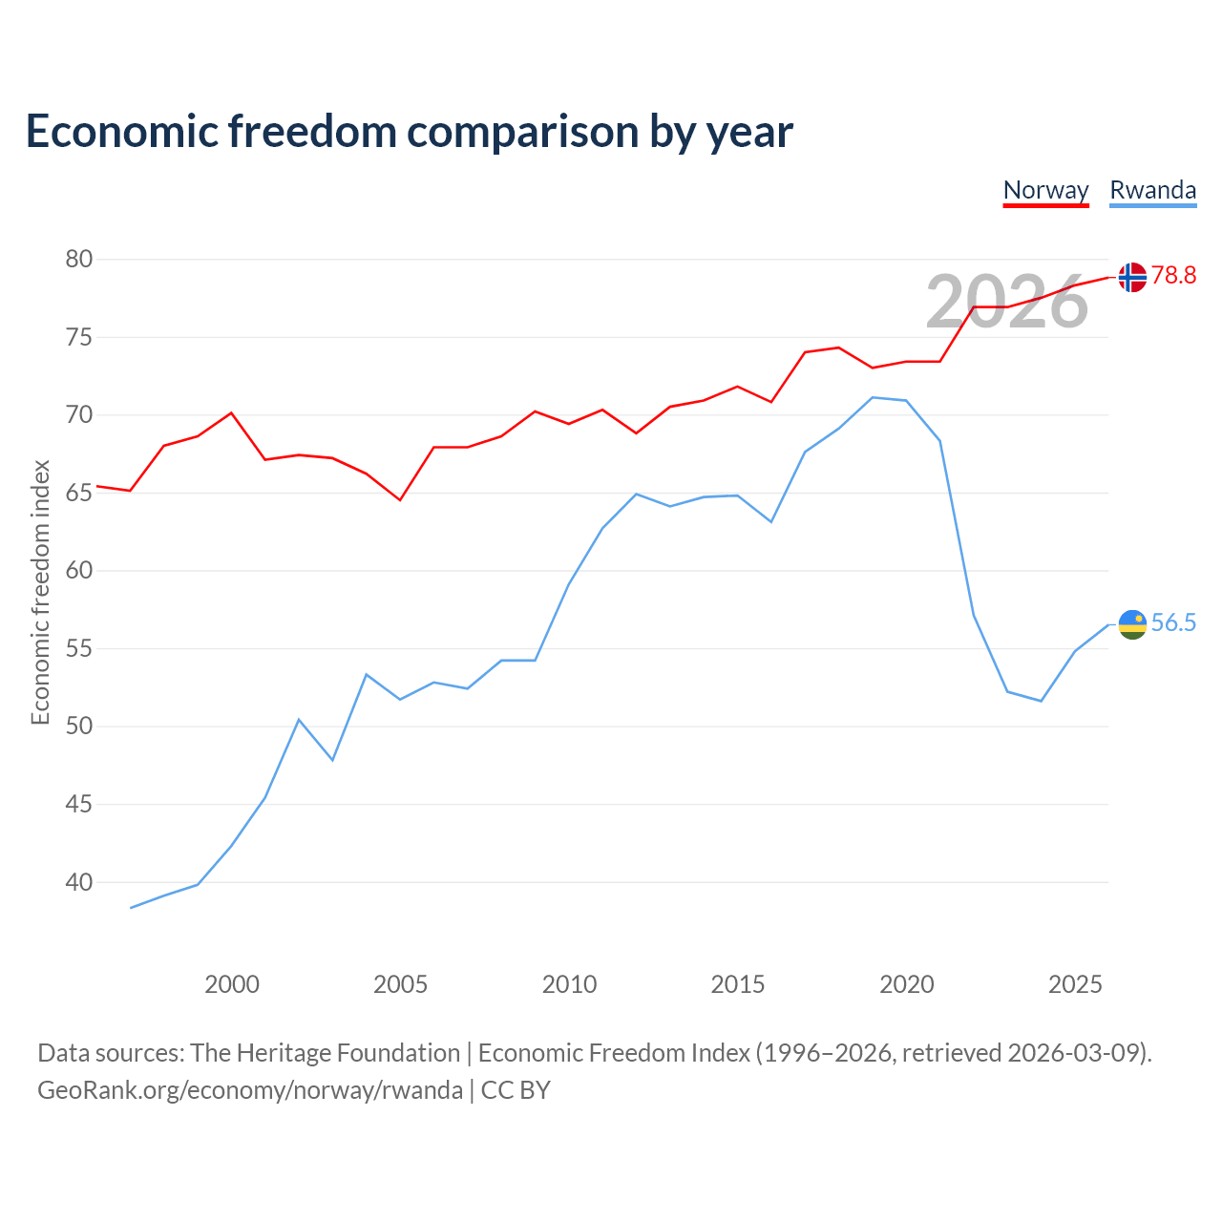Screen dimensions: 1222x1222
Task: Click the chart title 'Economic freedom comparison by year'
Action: [x=409, y=131]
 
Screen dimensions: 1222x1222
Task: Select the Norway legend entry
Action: [x=1045, y=191]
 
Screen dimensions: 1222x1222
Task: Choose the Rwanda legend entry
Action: [x=1153, y=191]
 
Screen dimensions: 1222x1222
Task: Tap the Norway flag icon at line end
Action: [x=1132, y=277]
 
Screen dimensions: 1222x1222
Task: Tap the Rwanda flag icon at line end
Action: [x=1132, y=624]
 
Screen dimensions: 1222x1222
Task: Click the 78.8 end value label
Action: [x=1173, y=275]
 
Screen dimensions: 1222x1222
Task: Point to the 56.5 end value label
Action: [x=1173, y=622]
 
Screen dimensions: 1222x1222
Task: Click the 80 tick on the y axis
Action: [x=78, y=259]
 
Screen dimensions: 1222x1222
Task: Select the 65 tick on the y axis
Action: [x=78, y=493]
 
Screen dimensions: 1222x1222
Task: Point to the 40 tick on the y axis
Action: [x=78, y=882]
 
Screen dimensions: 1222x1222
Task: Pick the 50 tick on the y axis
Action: [x=78, y=727]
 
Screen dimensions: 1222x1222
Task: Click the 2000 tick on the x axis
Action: [x=231, y=984]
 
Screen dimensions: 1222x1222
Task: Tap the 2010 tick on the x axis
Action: [x=569, y=984]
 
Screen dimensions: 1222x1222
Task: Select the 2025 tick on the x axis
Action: [x=1075, y=984]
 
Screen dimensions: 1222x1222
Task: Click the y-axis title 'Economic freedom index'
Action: [x=41, y=592]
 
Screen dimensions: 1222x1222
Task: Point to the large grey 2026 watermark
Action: [x=1006, y=303]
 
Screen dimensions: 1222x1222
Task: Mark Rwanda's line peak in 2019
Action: [x=873, y=397]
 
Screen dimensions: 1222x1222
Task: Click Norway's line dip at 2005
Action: [x=400, y=499]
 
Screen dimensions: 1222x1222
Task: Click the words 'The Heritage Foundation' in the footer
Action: [x=326, y=1053]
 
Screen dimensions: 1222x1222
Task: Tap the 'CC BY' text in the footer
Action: [x=516, y=1090]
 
